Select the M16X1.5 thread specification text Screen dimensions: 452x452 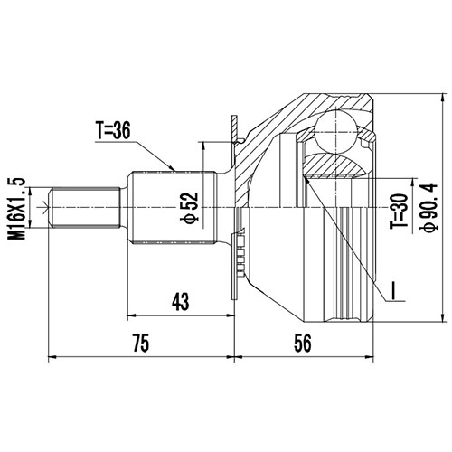point(14,207)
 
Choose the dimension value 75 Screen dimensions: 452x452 point(138,343)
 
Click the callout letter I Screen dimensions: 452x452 point(394,291)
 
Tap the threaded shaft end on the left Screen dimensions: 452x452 point(86,207)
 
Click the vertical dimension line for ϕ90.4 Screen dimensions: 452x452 point(442,207)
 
